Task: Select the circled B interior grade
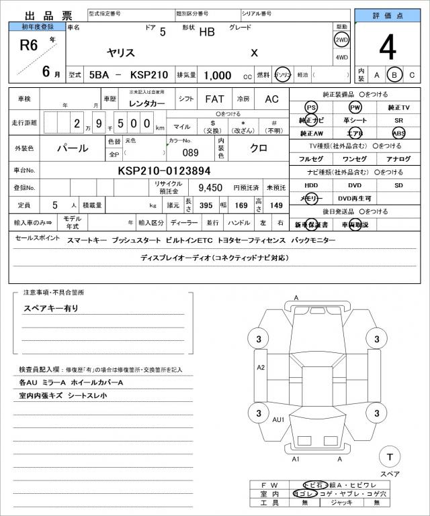pyautogui.click(x=395, y=74)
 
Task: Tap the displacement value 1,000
pyautogui.click(x=218, y=75)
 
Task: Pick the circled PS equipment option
pyautogui.click(x=310, y=107)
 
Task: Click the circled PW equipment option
pyautogui.click(x=355, y=107)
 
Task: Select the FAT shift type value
pyautogui.click(x=215, y=99)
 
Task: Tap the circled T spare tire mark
pyautogui.click(x=389, y=457)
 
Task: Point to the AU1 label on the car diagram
pyautogui.click(x=278, y=419)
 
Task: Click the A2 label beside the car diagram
pyautogui.click(x=261, y=367)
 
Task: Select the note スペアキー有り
pyautogui.click(x=51, y=308)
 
